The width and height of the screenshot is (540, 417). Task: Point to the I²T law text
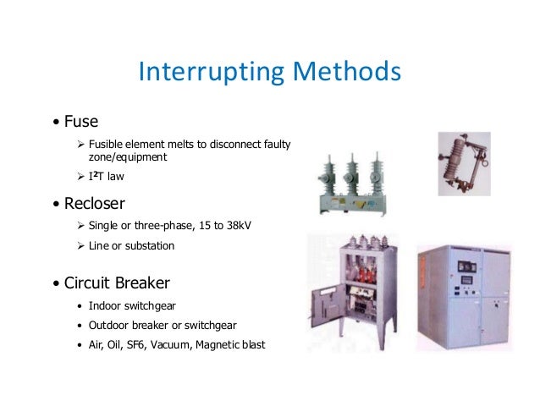click(106, 177)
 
